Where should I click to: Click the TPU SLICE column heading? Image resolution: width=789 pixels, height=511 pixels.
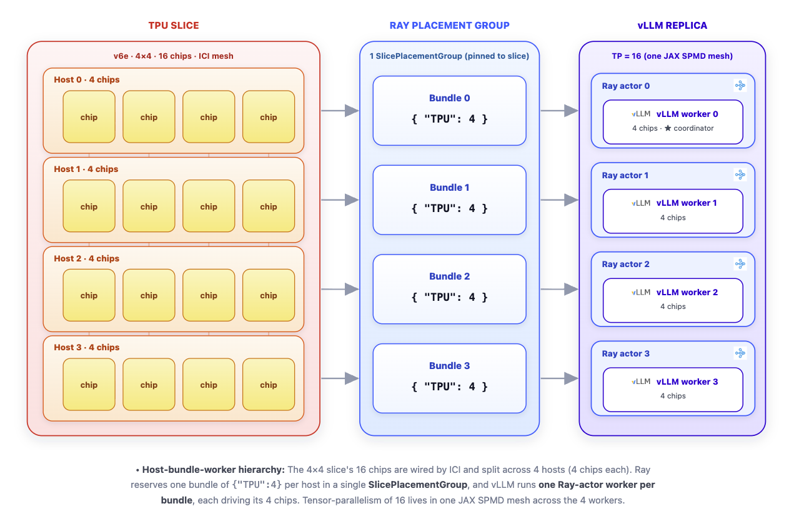(x=173, y=26)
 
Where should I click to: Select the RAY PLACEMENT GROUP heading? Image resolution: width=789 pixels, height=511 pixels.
(x=449, y=26)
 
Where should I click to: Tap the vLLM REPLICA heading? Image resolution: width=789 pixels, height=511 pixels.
(x=672, y=26)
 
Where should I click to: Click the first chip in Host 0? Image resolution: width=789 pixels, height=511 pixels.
(x=89, y=117)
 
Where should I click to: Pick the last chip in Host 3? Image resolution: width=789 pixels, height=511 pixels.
(x=269, y=385)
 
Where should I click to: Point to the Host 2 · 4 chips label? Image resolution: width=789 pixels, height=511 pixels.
(x=87, y=258)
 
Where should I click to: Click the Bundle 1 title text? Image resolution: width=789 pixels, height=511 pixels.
(x=449, y=187)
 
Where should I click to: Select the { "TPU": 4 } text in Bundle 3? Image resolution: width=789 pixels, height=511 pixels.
(x=449, y=387)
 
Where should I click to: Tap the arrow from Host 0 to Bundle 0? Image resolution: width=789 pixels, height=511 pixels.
(x=340, y=111)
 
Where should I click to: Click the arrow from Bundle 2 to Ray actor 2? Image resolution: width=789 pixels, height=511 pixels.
(x=559, y=289)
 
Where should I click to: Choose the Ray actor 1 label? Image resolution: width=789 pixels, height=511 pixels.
(x=625, y=175)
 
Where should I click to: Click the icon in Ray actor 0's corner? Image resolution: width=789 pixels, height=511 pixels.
(x=740, y=85)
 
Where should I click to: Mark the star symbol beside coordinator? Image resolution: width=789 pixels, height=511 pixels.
(x=668, y=128)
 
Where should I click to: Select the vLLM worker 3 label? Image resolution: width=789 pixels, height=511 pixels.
(x=687, y=382)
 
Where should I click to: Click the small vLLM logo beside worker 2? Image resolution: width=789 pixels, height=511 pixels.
(x=641, y=292)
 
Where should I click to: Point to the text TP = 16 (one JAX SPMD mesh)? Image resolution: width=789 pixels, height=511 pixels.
(x=672, y=56)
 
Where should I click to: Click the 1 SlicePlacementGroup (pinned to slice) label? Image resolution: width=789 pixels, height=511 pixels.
(x=449, y=56)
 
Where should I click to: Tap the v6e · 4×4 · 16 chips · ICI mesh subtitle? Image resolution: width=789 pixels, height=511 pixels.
(x=173, y=56)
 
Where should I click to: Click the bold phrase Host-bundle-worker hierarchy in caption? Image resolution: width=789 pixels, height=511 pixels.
(x=213, y=470)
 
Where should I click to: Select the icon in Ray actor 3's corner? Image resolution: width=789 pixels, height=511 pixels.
(x=740, y=353)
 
